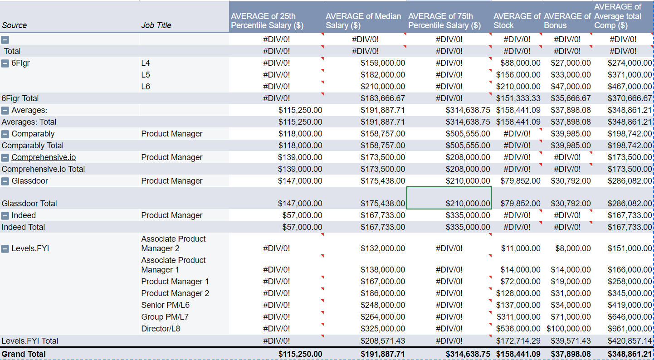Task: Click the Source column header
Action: tap(15, 25)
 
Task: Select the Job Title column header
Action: tap(156, 25)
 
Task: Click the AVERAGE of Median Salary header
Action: tap(363, 20)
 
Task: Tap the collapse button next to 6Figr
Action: tap(5, 63)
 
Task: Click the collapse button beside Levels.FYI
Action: tap(5, 248)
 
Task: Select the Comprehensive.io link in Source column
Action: tap(44, 157)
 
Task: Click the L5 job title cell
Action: tap(146, 75)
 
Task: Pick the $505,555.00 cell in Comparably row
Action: tap(468, 134)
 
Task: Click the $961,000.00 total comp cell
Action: tap(630, 329)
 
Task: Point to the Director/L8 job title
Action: tap(161, 329)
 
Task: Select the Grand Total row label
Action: tap(24, 354)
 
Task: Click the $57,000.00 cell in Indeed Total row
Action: tap(302, 227)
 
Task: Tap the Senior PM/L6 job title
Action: tap(165, 305)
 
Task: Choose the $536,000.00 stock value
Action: tap(518, 329)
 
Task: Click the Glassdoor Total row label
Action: tap(29, 204)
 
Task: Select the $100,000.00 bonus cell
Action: tap(568, 329)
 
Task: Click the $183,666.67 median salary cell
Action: tap(383, 98)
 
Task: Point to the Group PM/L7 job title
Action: tap(165, 317)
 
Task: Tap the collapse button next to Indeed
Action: tap(5, 216)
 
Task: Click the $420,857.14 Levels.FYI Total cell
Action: tap(630, 341)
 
